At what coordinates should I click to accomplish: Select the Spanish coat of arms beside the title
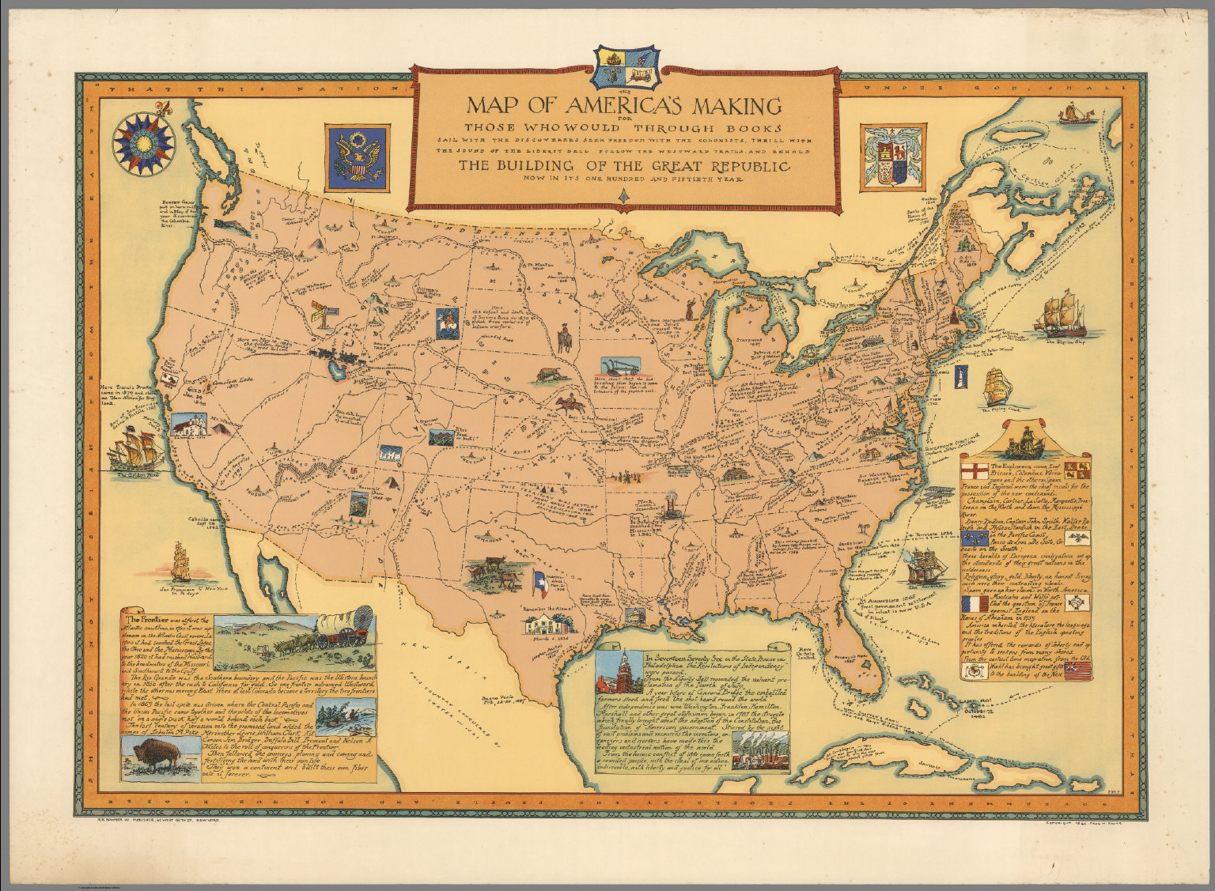click(887, 157)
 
